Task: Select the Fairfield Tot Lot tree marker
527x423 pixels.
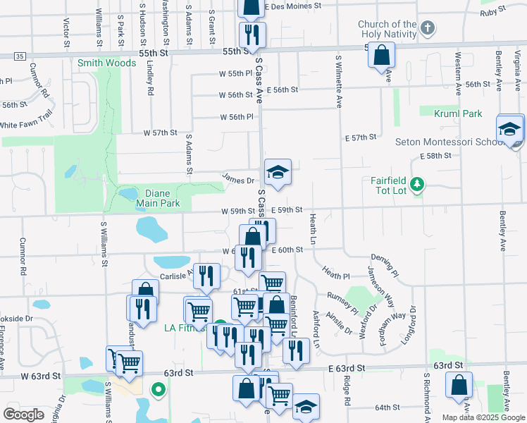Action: click(x=418, y=185)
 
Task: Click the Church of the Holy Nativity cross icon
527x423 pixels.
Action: click(x=427, y=29)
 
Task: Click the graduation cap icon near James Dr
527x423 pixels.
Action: click(x=278, y=172)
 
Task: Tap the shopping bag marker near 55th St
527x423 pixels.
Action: click(x=381, y=55)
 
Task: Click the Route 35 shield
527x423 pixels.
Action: click(x=19, y=56)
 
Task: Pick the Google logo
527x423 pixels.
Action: click(x=24, y=414)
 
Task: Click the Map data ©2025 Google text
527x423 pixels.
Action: click(x=483, y=417)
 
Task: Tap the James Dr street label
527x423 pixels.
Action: click(x=238, y=180)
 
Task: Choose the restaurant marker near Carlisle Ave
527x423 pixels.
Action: click(x=205, y=276)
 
